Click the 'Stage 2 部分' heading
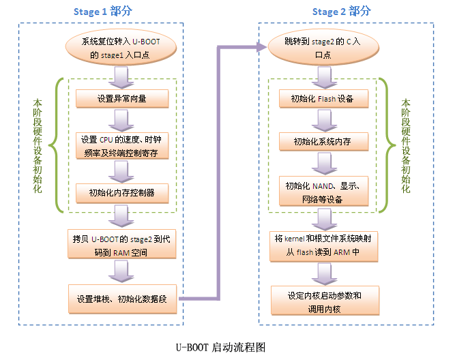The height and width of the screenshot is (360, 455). pos(342,12)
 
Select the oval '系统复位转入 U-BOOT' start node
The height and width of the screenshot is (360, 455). pos(122,48)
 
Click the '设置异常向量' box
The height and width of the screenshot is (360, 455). pos(122,99)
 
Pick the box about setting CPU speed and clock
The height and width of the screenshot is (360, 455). pos(122,146)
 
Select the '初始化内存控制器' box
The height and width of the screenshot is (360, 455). pos(122,192)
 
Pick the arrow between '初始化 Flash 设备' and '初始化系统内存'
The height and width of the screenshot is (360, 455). pos(325,120)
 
